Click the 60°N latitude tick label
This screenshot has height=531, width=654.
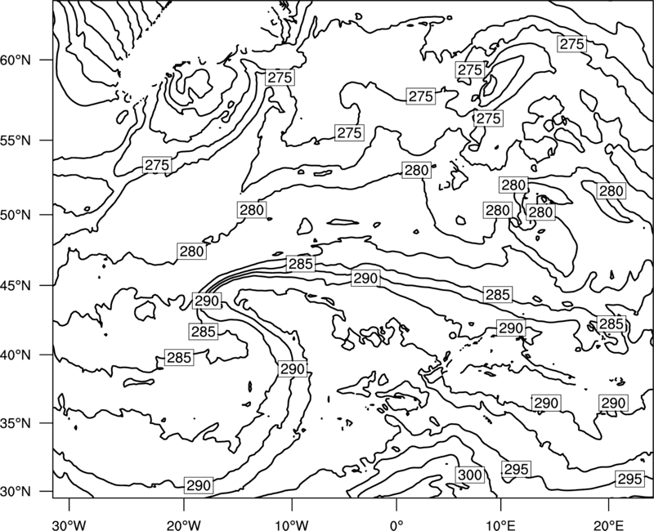point(16,60)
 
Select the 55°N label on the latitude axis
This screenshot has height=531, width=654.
point(16,141)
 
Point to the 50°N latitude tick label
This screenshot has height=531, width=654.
point(16,215)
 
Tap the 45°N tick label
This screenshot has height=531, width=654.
point(16,285)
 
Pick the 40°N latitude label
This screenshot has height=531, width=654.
point(16,355)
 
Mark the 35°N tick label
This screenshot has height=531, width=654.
point(16,423)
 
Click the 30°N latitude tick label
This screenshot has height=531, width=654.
point(16,492)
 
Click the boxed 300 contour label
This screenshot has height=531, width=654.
point(470,475)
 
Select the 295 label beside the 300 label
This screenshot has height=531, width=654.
point(517,469)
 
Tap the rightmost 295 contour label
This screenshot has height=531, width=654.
point(629,479)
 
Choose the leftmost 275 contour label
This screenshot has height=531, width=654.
point(157,165)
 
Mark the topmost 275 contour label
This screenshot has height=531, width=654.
point(571,44)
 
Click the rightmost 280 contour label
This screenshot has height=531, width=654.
point(611,191)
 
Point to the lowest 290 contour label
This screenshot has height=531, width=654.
point(199,485)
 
